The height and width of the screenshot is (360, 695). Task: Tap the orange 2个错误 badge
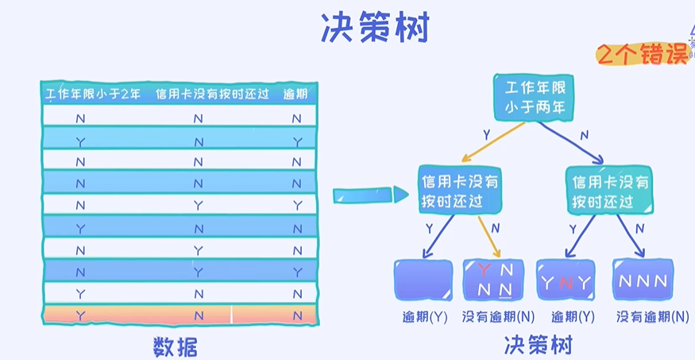pyautogui.click(x=642, y=54)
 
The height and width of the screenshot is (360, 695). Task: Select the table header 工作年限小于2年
pyautogui.click(x=92, y=94)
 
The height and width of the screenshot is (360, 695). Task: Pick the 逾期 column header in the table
pyautogui.click(x=295, y=94)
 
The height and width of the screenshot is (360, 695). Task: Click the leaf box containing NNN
pyautogui.click(x=644, y=280)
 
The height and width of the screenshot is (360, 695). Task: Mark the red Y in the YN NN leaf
pyautogui.click(x=484, y=269)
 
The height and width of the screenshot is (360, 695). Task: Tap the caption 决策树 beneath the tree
pyautogui.click(x=538, y=345)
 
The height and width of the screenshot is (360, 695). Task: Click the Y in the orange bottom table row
pyautogui.click(x=80, y=315)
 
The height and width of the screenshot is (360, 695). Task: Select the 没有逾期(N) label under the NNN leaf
pyautogui.click(x=652, y=316)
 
